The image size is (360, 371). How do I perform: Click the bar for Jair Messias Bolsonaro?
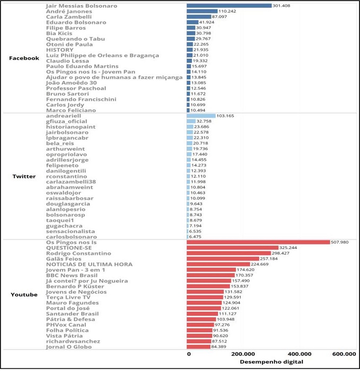coord(229,6)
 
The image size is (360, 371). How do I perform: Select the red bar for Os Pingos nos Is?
coord(258,242)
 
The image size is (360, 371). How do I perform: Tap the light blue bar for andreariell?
coord(201,116)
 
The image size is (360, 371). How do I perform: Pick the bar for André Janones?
coord(202,11)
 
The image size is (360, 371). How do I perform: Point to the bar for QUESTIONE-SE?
coord(232,248)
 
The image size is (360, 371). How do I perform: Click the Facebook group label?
coord(24,58)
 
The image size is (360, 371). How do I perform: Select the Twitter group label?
coord(24,176)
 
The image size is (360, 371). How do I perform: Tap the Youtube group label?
coord(24,295)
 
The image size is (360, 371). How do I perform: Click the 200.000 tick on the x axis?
coord(245,354)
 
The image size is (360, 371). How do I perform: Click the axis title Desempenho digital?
coord(271,361)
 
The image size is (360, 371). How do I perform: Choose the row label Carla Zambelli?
coord(69,17)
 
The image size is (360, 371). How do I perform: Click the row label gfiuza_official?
coord(67,121)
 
